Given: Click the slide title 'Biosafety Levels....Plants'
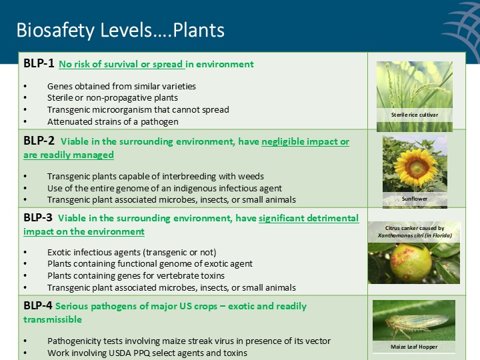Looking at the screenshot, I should click(120, 31).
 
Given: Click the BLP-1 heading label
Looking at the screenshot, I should click(39, 64).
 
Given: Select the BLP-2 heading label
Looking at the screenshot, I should click(39, 141).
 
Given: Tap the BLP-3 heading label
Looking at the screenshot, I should click(39, 218).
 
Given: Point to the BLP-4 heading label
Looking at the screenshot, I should click(39, 306).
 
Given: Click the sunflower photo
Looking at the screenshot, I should click(415, 163).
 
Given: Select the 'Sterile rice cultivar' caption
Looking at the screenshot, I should click(414, 115).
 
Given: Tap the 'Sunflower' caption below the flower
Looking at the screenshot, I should click(414, 199).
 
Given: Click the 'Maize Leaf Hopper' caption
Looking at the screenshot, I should click(414, 347).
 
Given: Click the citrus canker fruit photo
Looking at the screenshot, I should click(413, 263).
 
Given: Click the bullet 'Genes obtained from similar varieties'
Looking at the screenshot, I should click(121, 86).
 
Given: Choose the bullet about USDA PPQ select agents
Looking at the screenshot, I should click(147, 352).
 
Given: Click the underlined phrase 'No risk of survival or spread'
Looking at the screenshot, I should click(121, 65).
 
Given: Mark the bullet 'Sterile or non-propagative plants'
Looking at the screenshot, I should click(112, 98).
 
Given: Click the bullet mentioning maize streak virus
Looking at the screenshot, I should click(189, 341).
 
